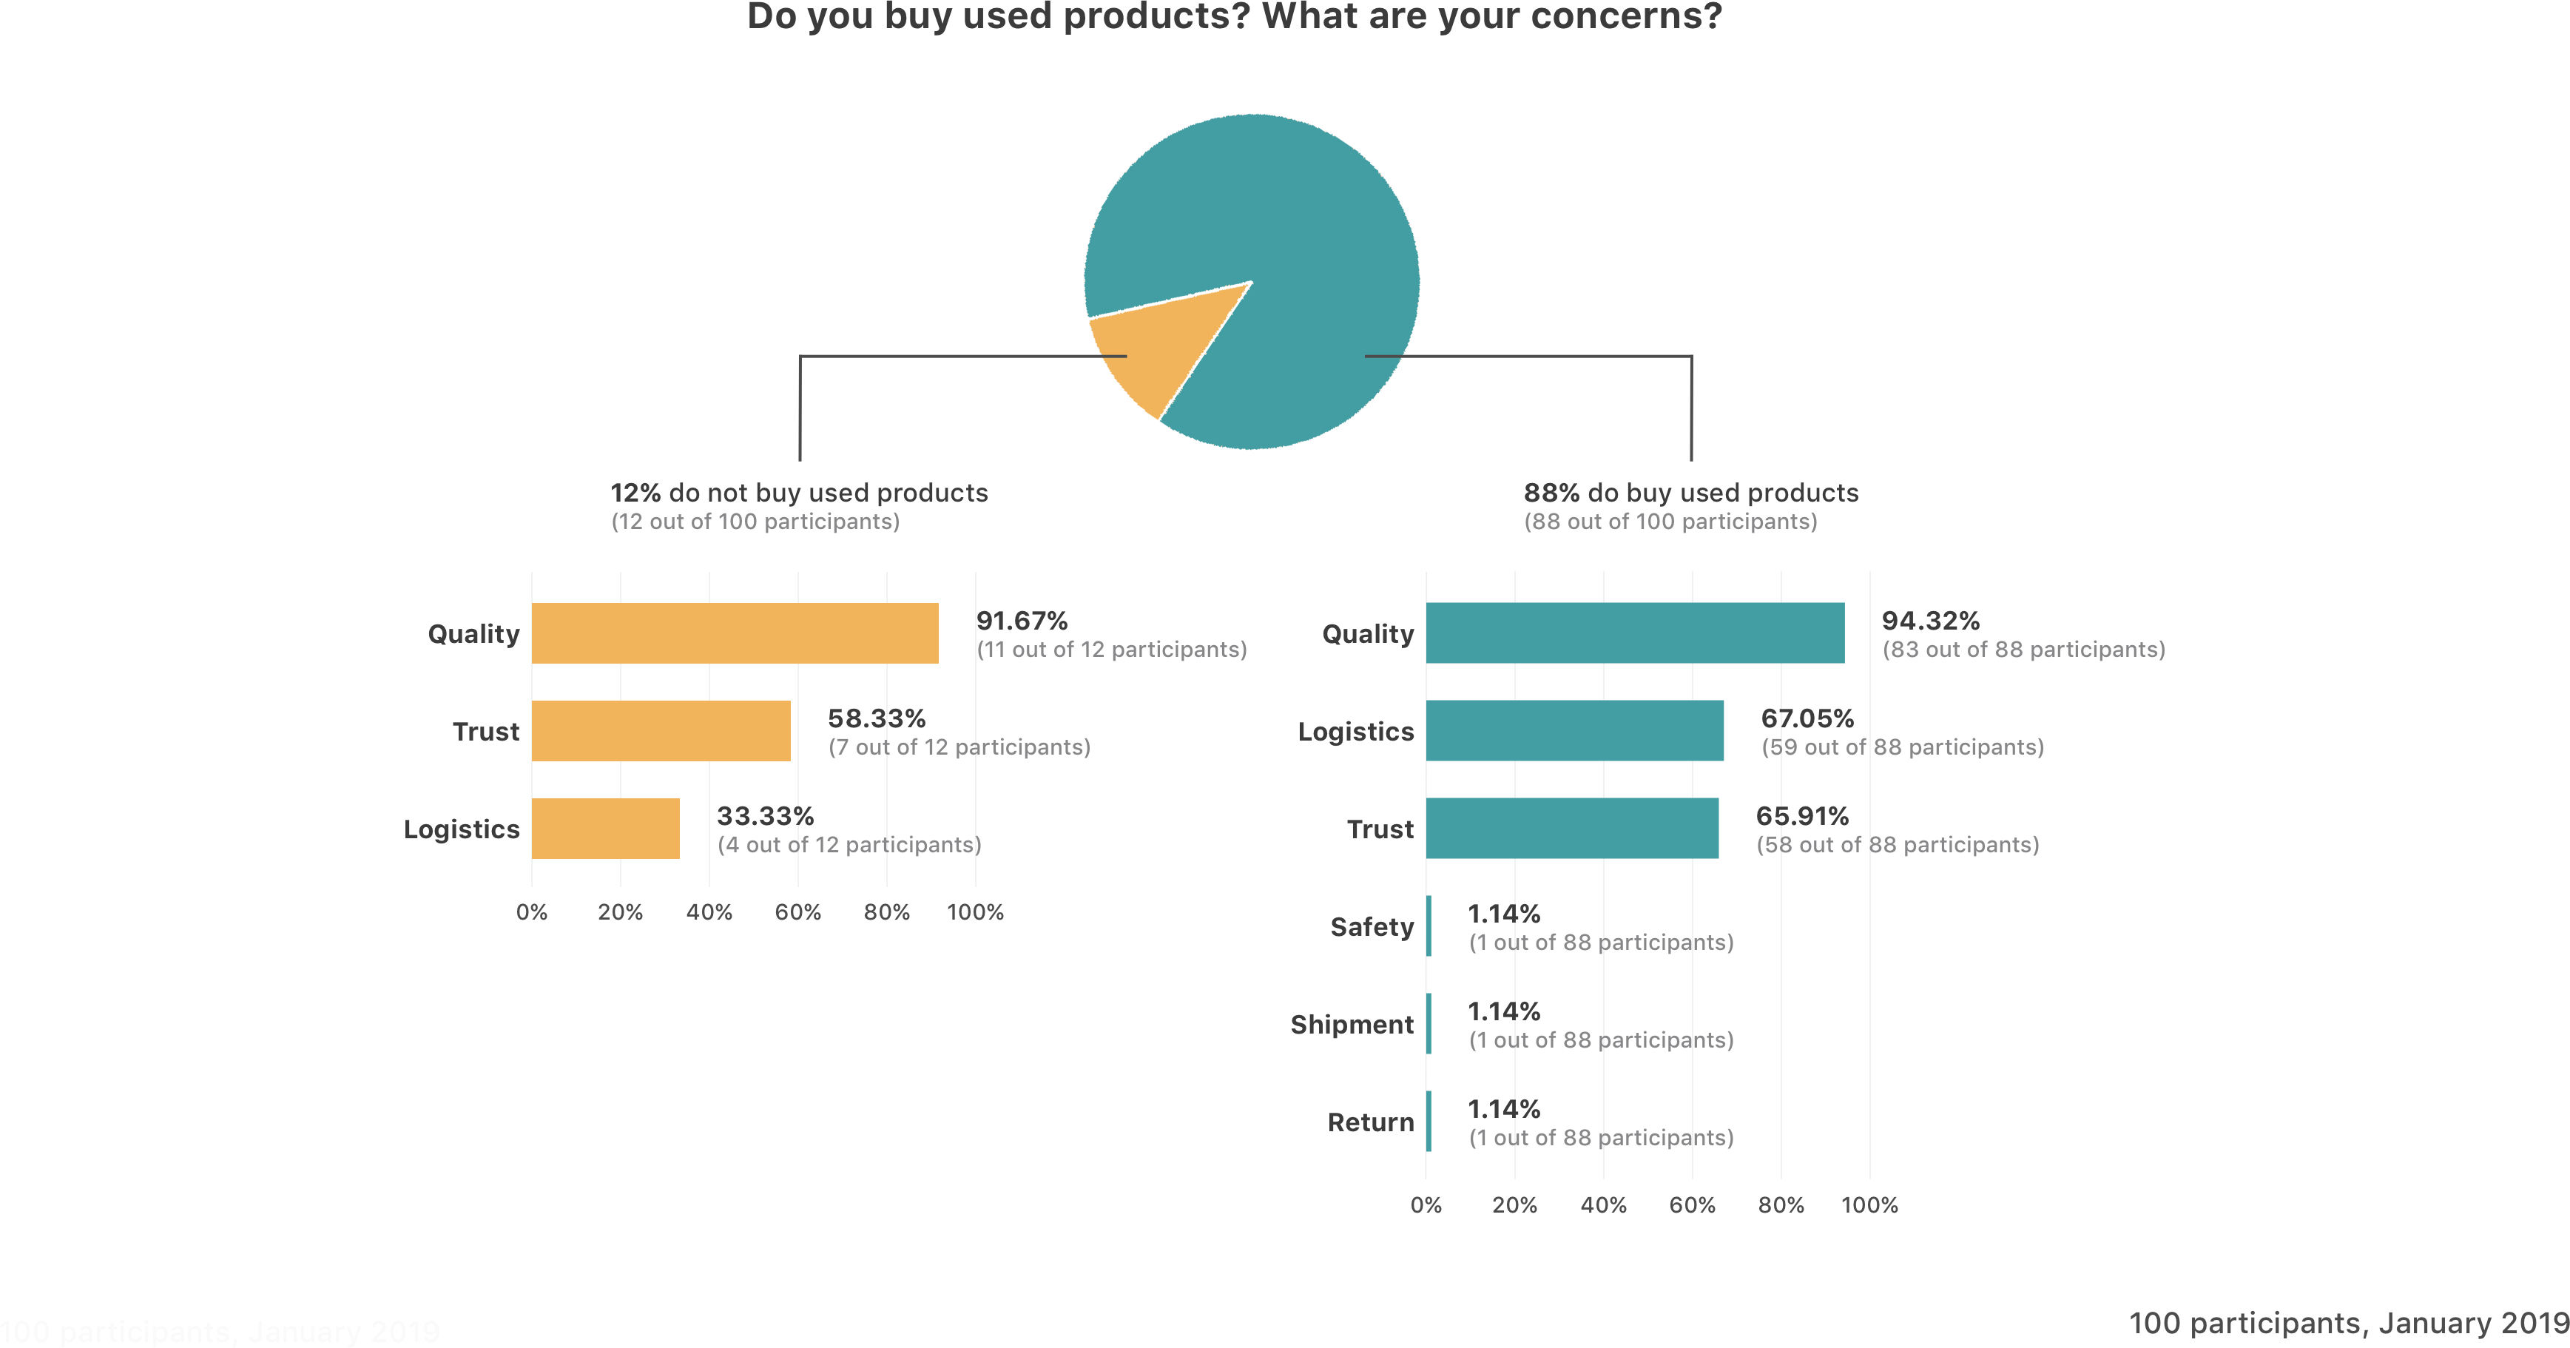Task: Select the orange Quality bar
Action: click(735, 633)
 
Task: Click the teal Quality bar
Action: click(1634, 633)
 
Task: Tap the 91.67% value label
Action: click(1022, 621)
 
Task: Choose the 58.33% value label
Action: click(876, 718)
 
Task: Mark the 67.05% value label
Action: click(1807, 718)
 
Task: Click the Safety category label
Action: click(1372, 927)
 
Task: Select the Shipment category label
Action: click(1352, 1025)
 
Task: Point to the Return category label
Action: click(1370, 1122)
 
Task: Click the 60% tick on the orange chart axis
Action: click(797, 912)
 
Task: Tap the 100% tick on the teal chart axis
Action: click(1869, 1205)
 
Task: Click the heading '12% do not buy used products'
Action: click(799, 493)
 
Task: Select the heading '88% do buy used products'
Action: click(1690, 493)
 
